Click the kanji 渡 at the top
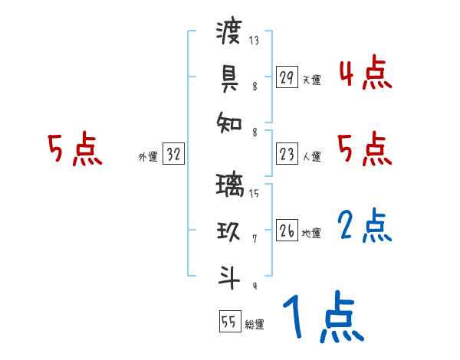click(229, 33)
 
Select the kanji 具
click(229, 77)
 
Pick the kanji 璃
click(229, 185)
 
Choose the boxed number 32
click(174, 155)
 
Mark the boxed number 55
click(229, 322)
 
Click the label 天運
click(311, 80)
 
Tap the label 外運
click(148, 157)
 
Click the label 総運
click(255, 325)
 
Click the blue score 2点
click(365, 227)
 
